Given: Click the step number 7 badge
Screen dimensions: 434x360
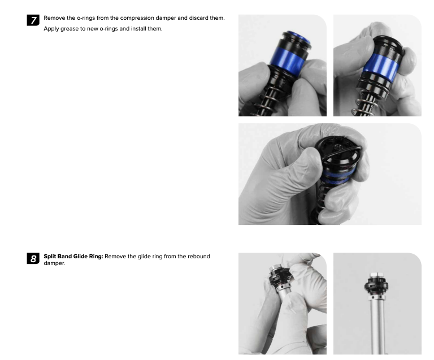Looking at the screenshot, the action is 33,20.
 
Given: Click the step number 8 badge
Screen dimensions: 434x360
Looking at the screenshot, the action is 33,258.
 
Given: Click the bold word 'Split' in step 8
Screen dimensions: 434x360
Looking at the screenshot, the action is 50,257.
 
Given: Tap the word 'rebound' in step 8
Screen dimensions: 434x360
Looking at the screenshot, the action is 199,256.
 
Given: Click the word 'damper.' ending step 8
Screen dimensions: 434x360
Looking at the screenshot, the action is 54,263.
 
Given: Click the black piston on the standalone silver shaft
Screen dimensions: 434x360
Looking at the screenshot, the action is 376,285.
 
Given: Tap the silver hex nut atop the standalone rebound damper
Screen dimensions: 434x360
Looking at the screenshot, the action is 376,275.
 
